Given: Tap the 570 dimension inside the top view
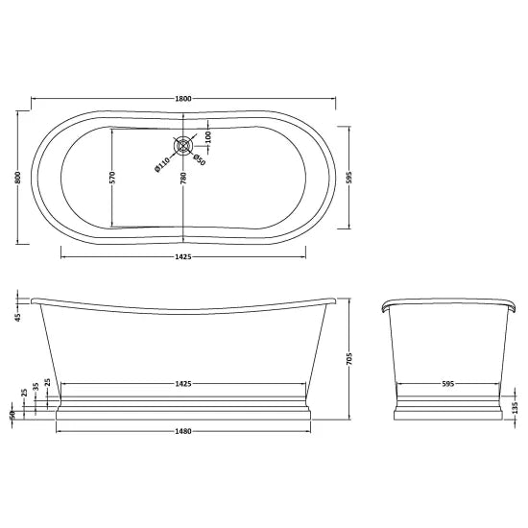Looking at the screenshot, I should pos(112,178).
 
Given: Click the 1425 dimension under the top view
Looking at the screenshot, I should pos(184,256).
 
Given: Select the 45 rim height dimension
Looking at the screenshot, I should pos(17,318).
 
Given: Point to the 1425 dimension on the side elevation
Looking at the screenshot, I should pos(184,383).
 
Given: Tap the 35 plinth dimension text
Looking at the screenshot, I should pos(36,385).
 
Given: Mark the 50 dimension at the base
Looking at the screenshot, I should pos(12,415).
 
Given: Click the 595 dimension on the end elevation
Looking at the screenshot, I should pos(446,383).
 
